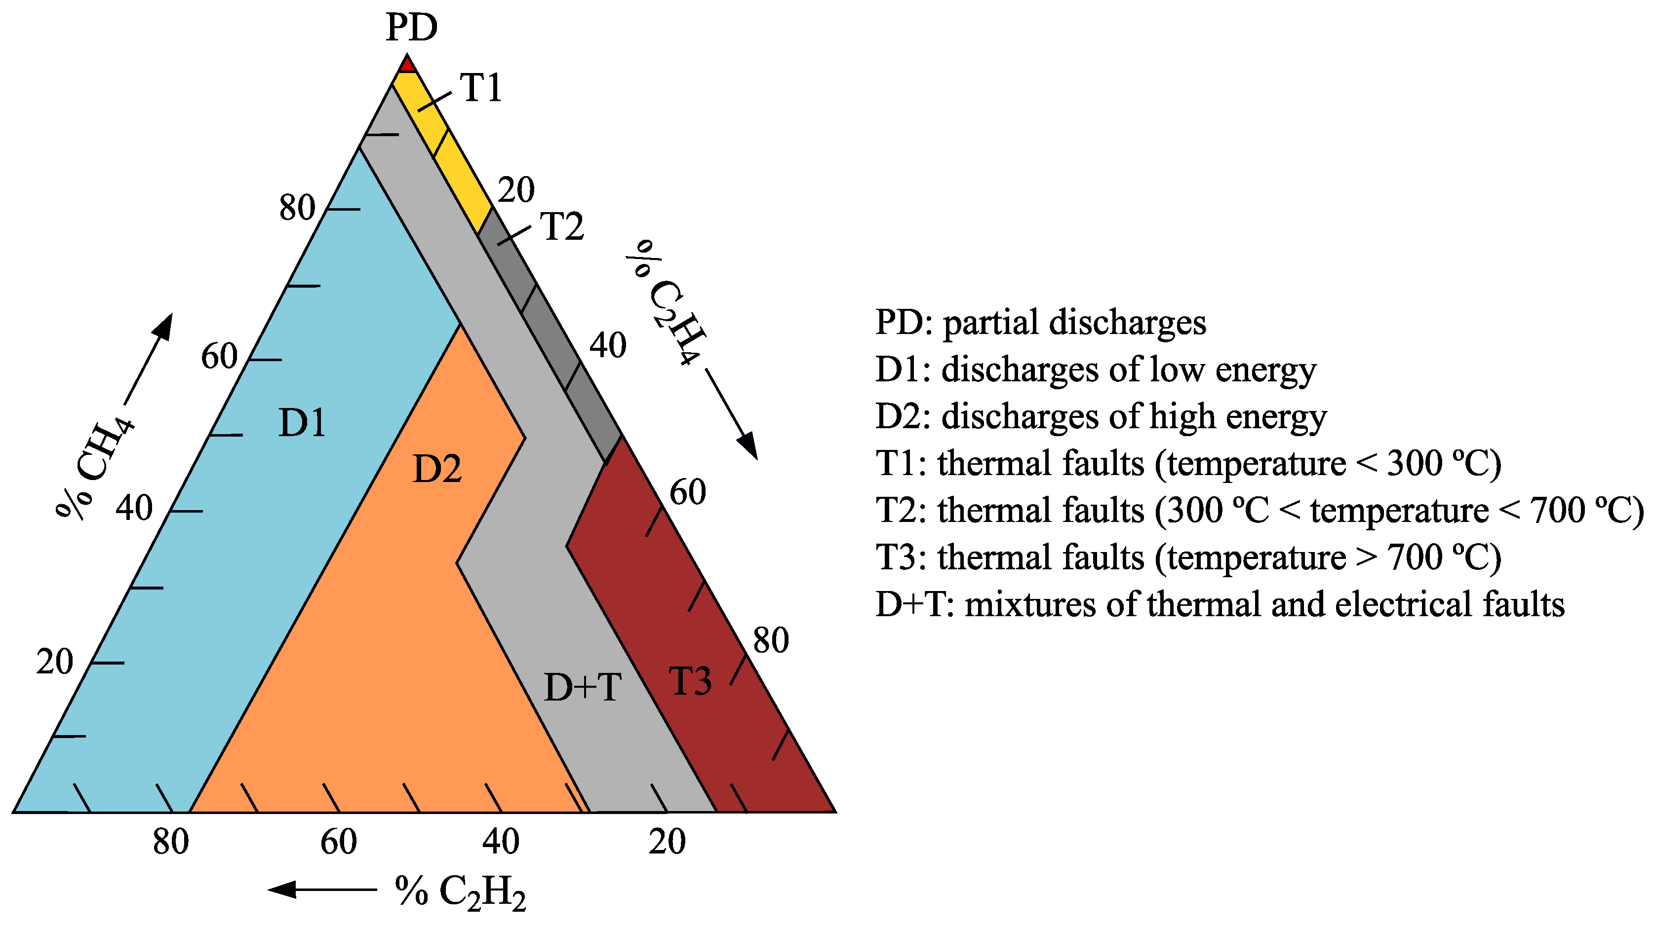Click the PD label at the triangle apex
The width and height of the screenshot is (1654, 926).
(412, 27)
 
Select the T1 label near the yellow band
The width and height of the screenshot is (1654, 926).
(481, 88)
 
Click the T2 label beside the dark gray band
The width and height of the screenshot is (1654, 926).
(562, 226)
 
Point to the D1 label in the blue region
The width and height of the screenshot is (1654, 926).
(302, 422)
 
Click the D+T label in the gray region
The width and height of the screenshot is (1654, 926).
(583, 687)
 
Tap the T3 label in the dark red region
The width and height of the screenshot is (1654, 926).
(690, 681)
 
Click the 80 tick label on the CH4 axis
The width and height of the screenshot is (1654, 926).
(297, 207)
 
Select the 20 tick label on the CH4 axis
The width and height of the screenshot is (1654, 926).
(55, 662)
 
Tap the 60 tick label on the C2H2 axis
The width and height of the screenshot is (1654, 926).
(338, 842)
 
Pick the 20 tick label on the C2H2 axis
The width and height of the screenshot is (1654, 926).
(667, 842)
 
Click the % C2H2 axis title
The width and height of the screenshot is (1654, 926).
(460, 892)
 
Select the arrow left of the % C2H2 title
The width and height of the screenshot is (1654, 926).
(321, 889)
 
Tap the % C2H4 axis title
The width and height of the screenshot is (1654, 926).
(668, 301)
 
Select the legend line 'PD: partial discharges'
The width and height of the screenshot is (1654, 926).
(1041, 322)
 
